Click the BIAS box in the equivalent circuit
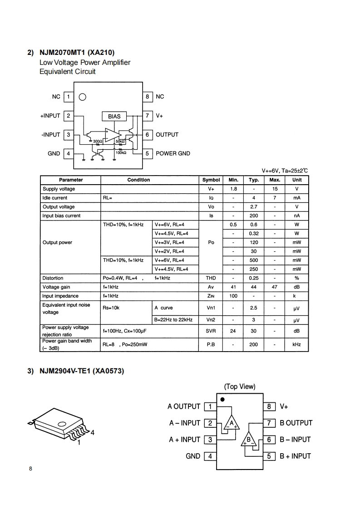point(114,116)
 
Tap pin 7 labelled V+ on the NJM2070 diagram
point(147,116)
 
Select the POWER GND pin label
point(173,153)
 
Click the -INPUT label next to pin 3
point(50,135)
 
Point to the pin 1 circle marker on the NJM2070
point(82,97)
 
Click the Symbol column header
point(211,180)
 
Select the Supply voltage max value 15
point(275,189)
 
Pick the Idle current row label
point(55,198)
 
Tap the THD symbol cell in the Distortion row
point(211,278)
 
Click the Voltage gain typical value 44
point(254,287)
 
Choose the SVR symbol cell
point(211,331)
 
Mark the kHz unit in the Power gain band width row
point(296,345)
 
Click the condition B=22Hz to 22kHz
point(173,320)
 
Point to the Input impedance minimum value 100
point(233,296)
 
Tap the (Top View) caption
point(240,387)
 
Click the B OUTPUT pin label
point(296,423)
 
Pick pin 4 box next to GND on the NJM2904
point(210,456)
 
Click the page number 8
point(30,469)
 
